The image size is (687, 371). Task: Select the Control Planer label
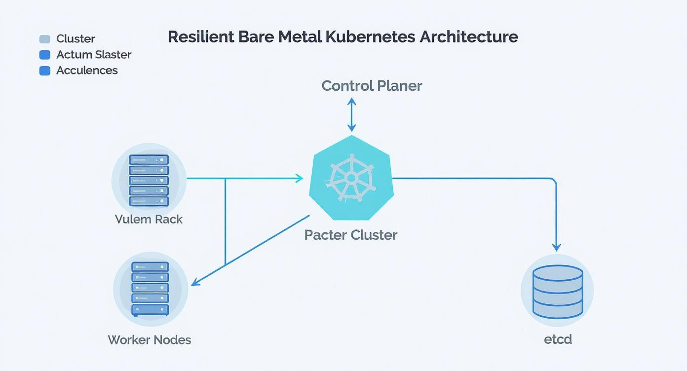372,86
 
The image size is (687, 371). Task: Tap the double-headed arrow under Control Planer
351,114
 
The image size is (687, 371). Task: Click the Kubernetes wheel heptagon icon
351,178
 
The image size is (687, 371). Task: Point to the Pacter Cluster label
350,235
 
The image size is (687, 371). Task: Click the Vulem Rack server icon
149,180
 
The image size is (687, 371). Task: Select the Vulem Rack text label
149,219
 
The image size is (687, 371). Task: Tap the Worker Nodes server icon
150,289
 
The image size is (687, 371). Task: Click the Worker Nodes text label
149,340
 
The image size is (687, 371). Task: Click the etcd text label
558,339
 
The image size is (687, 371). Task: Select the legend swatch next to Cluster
45,39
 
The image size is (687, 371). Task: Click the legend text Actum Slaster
94,55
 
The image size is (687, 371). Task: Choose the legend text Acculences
87,71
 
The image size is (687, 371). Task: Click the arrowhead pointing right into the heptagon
299,179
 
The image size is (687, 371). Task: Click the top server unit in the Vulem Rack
149,160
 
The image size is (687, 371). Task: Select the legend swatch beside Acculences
45,71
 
